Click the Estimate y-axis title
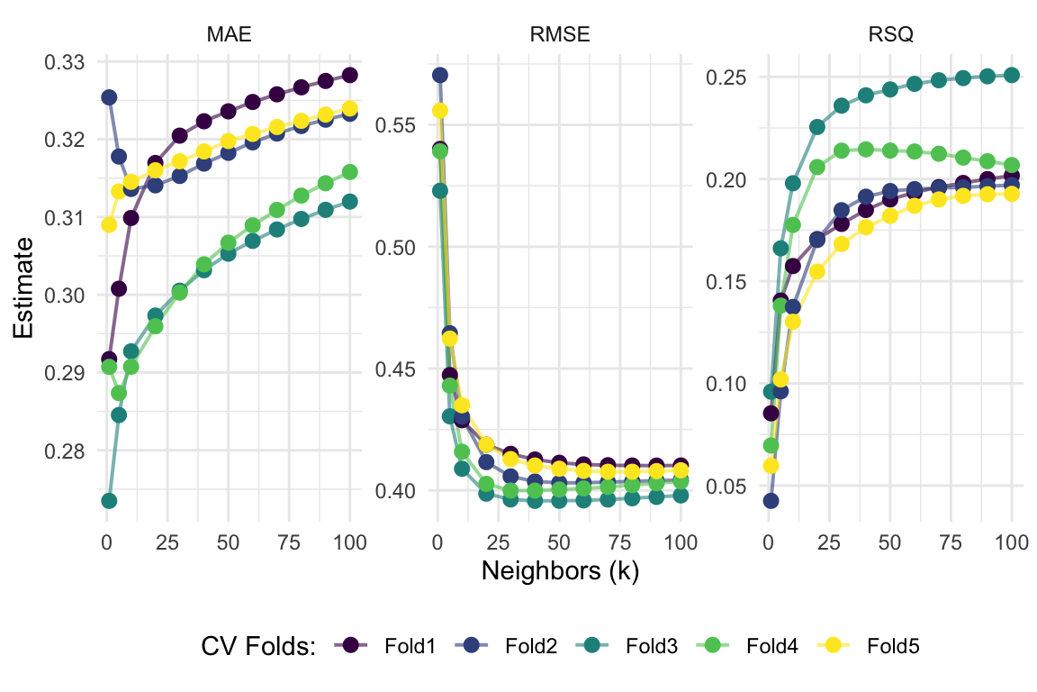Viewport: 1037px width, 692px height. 25,288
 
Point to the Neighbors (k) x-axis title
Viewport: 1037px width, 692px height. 560,571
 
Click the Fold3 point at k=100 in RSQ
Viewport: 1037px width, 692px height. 1011,75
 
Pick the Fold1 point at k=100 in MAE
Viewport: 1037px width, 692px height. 350,75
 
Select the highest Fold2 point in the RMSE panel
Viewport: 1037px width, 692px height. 440,75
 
